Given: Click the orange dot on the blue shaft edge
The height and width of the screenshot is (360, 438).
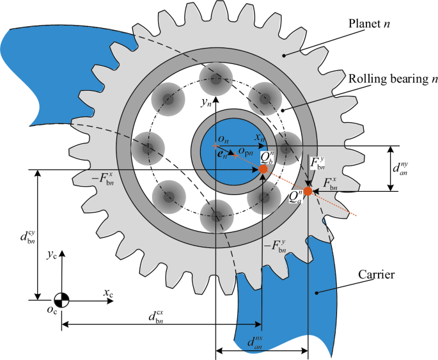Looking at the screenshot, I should (263, 169).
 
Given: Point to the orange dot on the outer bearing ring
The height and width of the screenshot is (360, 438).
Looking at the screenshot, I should (308, 191).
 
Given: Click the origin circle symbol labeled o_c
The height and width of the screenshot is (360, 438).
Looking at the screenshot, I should (61, 299).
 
